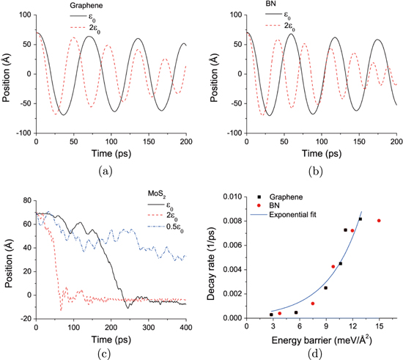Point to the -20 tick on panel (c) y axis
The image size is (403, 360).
pos(24,317)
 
